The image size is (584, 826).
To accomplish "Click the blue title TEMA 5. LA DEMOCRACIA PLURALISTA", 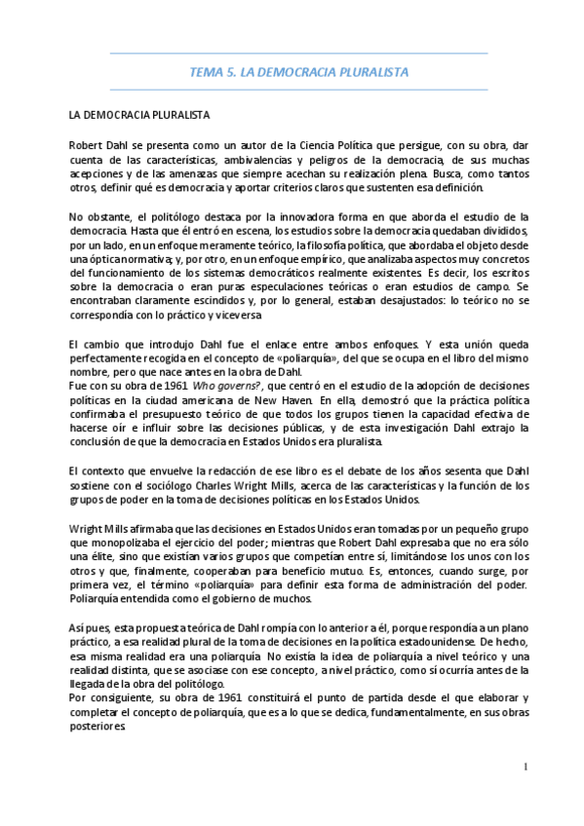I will (298, 72).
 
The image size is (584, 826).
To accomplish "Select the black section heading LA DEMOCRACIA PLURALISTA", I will (139, 115).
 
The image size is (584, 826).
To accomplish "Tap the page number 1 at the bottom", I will (525, 767).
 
